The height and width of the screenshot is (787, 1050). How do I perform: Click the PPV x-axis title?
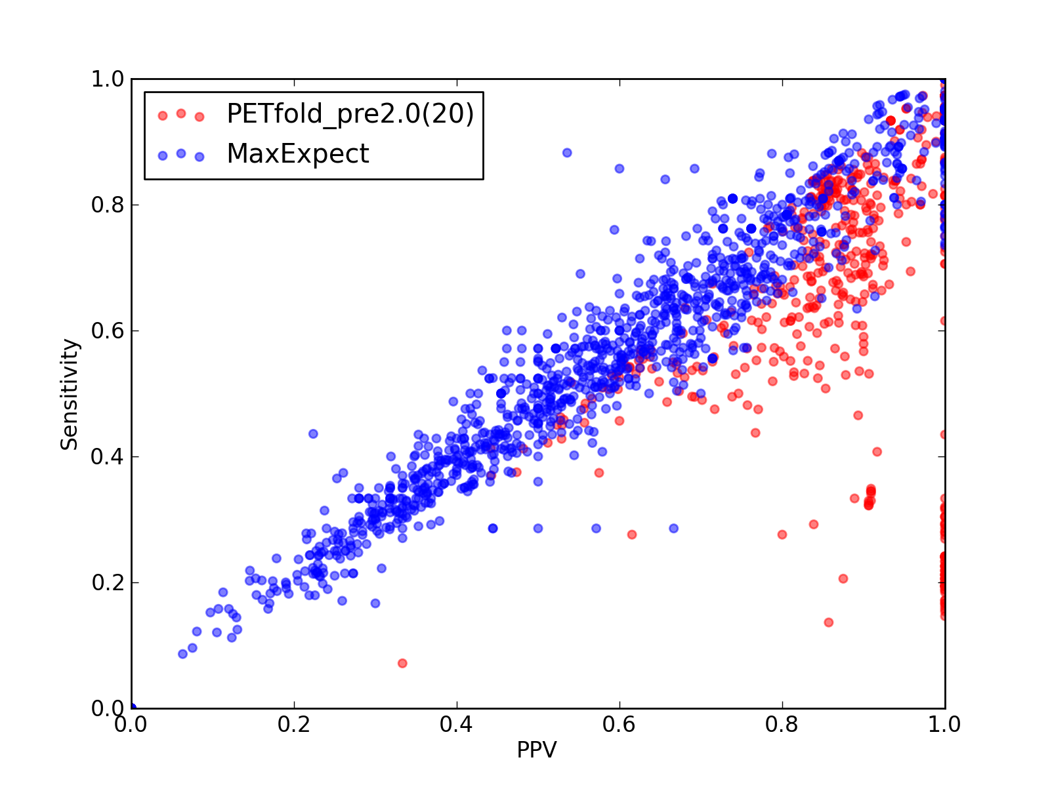tap(536, 750)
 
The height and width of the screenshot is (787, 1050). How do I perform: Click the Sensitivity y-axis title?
tap(69, 395)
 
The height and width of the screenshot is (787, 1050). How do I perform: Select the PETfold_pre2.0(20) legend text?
tap(350, 114)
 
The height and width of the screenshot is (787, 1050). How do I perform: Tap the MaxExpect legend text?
tap(297, 154)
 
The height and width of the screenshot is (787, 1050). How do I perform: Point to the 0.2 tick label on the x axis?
tap(294, 725)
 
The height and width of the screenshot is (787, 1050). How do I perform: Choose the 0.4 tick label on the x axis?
tap(456, 725)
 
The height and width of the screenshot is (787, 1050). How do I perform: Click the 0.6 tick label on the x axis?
tap(619, 725)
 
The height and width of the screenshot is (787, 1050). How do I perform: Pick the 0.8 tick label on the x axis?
tap(782, 725)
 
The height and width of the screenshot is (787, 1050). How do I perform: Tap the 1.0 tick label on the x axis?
tap(944, 725)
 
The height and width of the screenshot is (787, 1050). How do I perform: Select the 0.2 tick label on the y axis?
tap(108, 582)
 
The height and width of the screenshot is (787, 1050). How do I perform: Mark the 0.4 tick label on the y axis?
tap(108, 457)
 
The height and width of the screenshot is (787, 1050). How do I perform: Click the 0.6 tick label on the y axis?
tap(108, 331)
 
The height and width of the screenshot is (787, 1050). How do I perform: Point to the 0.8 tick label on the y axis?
tap(108, 205)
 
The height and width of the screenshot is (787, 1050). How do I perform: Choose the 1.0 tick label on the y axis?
tap(108, 79)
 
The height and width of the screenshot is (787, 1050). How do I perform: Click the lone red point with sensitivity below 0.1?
tap(402, 663)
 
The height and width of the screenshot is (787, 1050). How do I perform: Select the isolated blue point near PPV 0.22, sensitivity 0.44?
tap(313, 434)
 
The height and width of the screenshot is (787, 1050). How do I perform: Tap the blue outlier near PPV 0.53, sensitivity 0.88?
tap(567, 153)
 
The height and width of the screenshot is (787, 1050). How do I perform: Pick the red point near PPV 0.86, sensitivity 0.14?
tap(829, 622)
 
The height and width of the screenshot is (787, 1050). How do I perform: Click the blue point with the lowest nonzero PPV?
tap(182, 654)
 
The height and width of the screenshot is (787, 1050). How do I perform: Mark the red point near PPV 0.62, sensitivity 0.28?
tap(632, 535)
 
